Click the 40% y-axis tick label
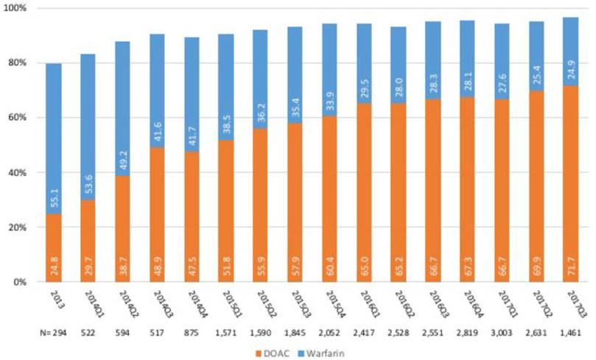click(17, 172)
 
